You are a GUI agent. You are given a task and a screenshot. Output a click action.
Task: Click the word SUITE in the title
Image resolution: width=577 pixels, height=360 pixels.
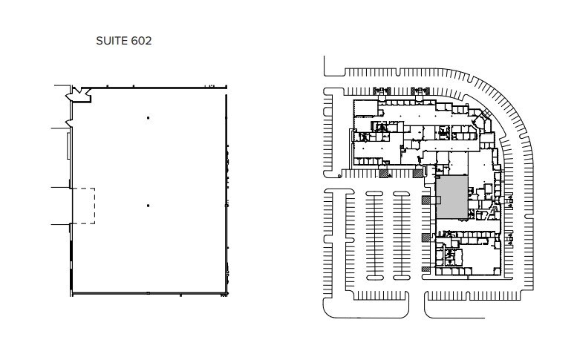point(111,42)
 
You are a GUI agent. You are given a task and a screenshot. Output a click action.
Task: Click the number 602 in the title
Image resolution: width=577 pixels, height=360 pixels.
point(141,42)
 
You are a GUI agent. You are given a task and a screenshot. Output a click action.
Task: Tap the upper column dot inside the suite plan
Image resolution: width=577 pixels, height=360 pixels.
point(148,118)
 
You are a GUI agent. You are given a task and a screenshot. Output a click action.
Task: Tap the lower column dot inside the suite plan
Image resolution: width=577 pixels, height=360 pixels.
point(148,206)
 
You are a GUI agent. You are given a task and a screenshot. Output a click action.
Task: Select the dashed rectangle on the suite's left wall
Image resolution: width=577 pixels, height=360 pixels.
point(83,206)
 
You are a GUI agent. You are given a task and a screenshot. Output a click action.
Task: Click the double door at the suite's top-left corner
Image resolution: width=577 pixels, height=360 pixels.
point(77,94)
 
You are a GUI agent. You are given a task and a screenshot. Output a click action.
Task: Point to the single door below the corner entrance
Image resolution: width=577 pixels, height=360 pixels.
point(69,121)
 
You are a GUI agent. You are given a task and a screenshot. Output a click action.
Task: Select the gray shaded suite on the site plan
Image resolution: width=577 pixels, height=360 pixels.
point(451,197)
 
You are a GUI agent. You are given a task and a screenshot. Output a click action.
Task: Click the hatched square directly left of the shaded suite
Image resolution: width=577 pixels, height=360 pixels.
point(426,200)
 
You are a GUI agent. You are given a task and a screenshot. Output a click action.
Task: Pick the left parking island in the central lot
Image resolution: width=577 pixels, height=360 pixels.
point(374,235)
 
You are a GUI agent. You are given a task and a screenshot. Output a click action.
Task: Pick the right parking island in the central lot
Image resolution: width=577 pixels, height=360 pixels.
point(402,235)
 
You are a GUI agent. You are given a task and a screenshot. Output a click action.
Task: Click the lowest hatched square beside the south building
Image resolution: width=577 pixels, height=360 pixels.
point(426,268)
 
